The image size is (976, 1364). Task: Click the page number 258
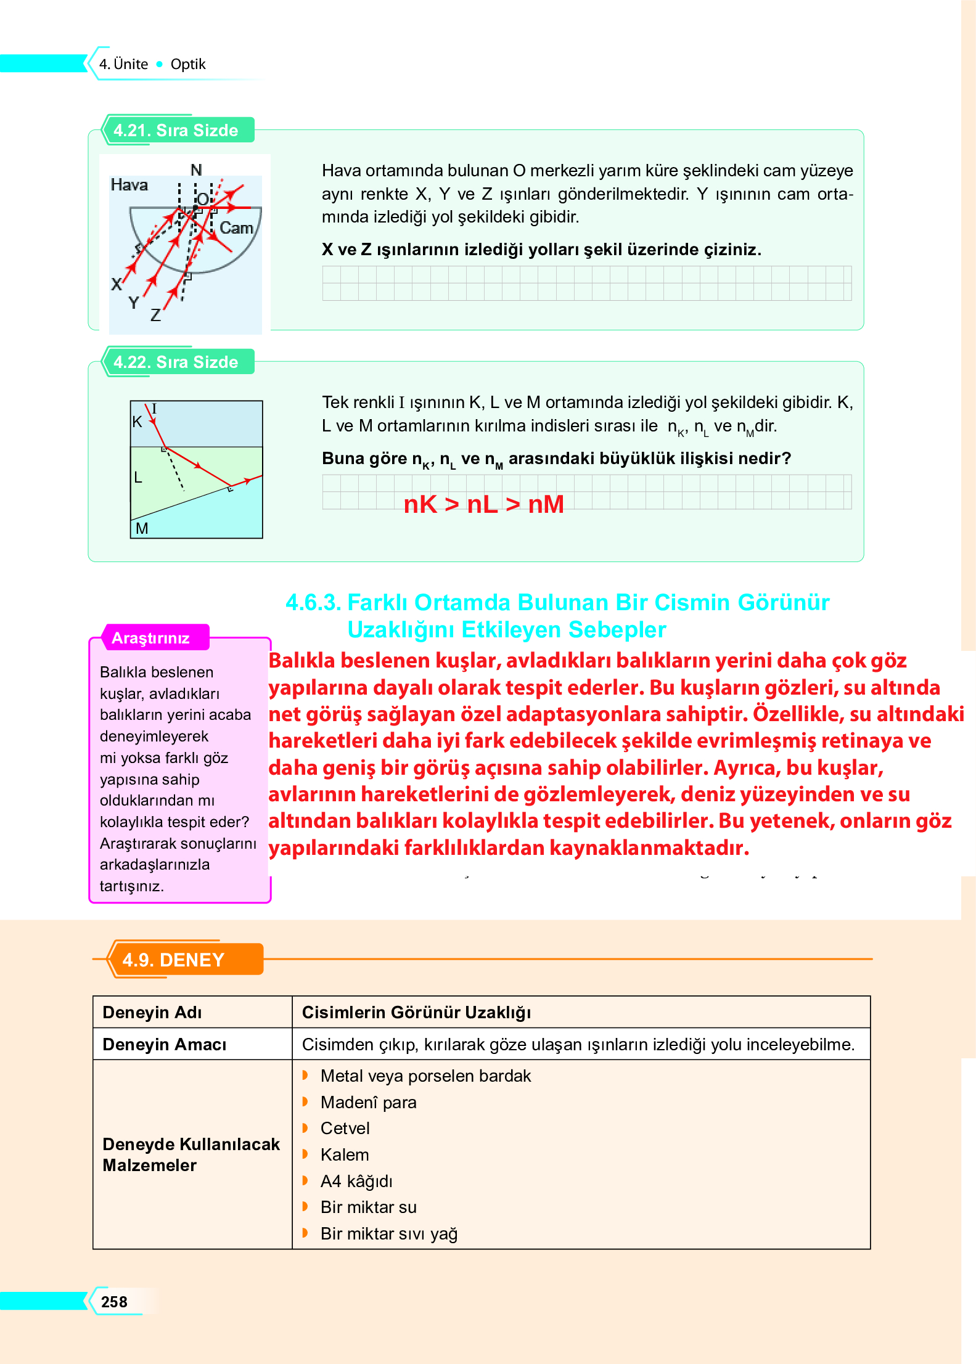click(114, 1302)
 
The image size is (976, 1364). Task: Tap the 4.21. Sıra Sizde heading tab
click(176, 131)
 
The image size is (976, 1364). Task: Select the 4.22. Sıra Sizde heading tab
click(176, 362)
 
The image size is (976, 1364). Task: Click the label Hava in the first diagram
click(129, 185)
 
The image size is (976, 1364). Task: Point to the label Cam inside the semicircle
click(236, 228)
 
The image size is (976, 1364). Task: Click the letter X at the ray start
click(116, 284)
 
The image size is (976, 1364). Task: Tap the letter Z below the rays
click(155, 316)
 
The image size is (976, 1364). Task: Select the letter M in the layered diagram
click(142, 528)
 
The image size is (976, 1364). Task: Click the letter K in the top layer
click(137, 422)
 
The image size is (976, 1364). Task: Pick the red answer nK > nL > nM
click(483, 504)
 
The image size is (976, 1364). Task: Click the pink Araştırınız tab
click(150, 639)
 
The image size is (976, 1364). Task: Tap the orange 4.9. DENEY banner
click(173, 960)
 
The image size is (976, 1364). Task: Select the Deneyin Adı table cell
click(152, 1013)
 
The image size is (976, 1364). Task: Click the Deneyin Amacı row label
click(164, 1045)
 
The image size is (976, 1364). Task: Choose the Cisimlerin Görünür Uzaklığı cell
click(416, 1013)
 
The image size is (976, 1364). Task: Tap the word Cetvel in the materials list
click(345, 1129)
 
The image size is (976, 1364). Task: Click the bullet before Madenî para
click(305, 1102)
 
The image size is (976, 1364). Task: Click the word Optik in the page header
click(188, 64)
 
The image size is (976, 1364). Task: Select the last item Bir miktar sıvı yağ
click(388, 1234)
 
